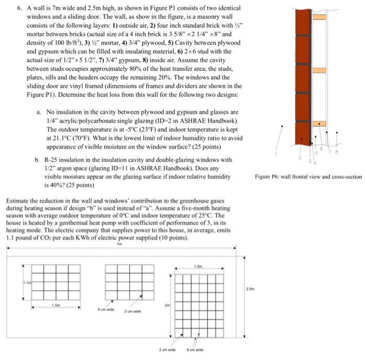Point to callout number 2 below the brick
click(300, 157)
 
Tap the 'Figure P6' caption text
click(277, 177)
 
